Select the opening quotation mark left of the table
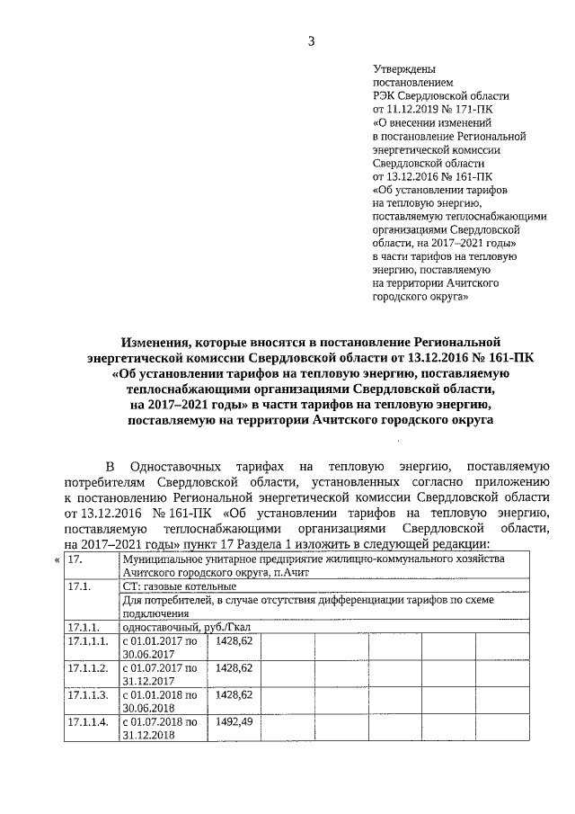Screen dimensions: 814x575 (57, 560)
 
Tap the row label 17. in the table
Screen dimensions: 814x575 (75, 559)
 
